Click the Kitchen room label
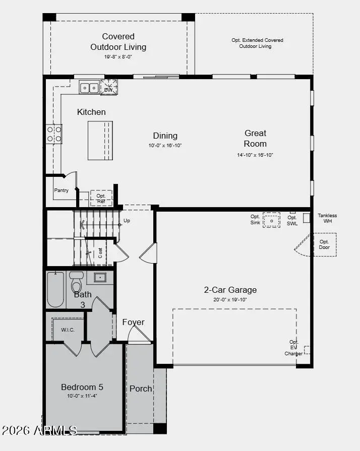click(91, 112)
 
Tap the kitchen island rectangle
click(100, 140)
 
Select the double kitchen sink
click(89, 87)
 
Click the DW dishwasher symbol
click(109, 87)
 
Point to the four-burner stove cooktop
click(54, 134)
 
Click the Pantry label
click(62, 190)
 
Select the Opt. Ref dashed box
click(101, 198)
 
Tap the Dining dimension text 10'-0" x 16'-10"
click(165, 145)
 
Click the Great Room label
click(255, 138)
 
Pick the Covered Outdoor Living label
click(118, 42)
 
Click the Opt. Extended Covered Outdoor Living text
click(257, 43)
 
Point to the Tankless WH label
click(327, 218)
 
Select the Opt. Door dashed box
click(324, 244)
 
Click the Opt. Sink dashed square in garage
click(271, 220)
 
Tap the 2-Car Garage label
click(230, 290)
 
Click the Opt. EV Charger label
click(293, 348)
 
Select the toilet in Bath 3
click(76, 282)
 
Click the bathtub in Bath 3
click(55, 289)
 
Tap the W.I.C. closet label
click(68, 330)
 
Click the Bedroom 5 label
click(82, 387)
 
